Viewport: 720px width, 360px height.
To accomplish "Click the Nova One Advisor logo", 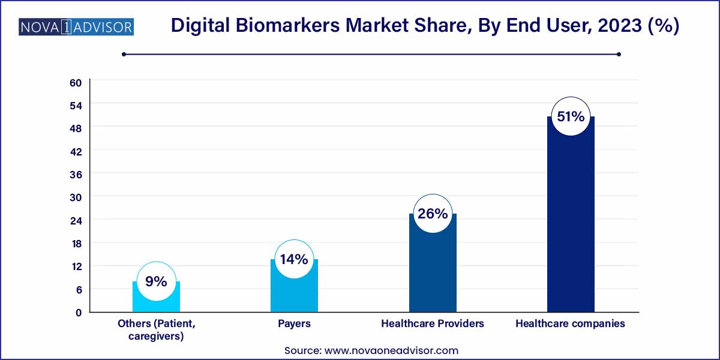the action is pyautogui.click(x=76, y=27).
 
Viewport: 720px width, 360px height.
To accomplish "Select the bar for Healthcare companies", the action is pyautogui.click(x=571, y=222).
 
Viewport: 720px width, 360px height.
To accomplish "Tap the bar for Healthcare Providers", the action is pyautogui.click(x=433, y=270).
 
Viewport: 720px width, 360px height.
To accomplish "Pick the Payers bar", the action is pyautogui.click(x=294, y=293).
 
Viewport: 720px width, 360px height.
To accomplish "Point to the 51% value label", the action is pyautogui.click(x=571, y=116).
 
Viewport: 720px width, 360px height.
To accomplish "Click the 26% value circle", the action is pyautogui.click(x=433, y=214).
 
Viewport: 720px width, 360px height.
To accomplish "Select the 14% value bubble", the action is pyautogui.click(x=294, y=259).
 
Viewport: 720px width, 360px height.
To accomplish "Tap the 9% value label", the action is pyautogui.click(x=156, y=281).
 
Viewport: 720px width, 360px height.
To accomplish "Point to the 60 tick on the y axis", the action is pyautogui.click(x=76, y=83).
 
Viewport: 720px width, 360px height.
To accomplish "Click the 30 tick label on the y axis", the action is pyautogui.click(x=76, y=197).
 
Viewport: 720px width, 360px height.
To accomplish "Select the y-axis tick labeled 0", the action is pyautogui.click(x=79, y=313).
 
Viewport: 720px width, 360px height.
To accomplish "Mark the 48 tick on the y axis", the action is pyautogui.click(x=76, y=128).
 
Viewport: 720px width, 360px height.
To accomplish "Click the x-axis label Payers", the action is pyautogui.click(x=294, y=323).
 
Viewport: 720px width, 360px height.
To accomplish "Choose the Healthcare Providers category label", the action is pyautogui.click(x=433, y=323).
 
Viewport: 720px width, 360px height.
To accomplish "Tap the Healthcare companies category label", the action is pyautogui.click(x=571, y=323).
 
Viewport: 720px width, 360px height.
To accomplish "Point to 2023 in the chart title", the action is pyautogui.click(x=620, y=25).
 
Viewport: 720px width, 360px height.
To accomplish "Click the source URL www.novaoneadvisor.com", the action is pyautogui.click(x=391, y=350).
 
